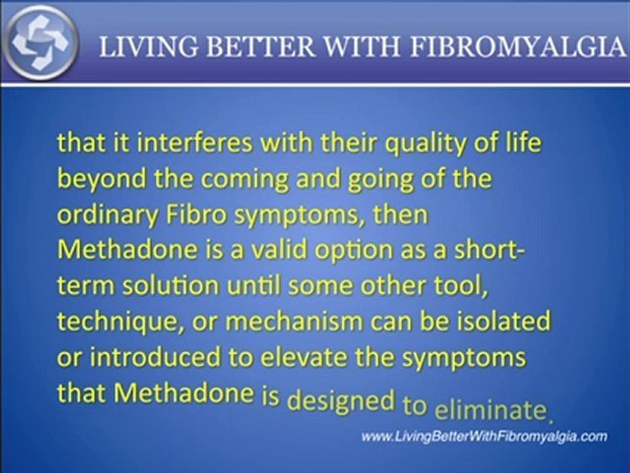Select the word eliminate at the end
point(490,411)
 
